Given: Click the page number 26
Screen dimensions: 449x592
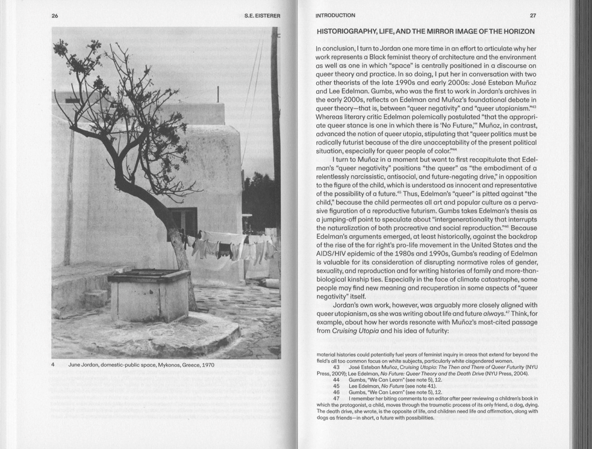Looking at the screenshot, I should coord(55,16).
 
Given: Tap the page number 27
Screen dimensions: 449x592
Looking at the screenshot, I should coord(532,16).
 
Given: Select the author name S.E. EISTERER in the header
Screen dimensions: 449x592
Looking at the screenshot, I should coord(262,16).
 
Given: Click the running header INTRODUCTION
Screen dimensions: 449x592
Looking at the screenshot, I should coord(335,16).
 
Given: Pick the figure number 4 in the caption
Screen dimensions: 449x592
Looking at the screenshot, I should coord(53,365).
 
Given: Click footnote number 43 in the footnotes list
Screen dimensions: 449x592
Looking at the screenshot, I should coord(336,367).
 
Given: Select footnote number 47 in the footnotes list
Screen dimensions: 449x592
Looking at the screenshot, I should coord(336,398).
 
